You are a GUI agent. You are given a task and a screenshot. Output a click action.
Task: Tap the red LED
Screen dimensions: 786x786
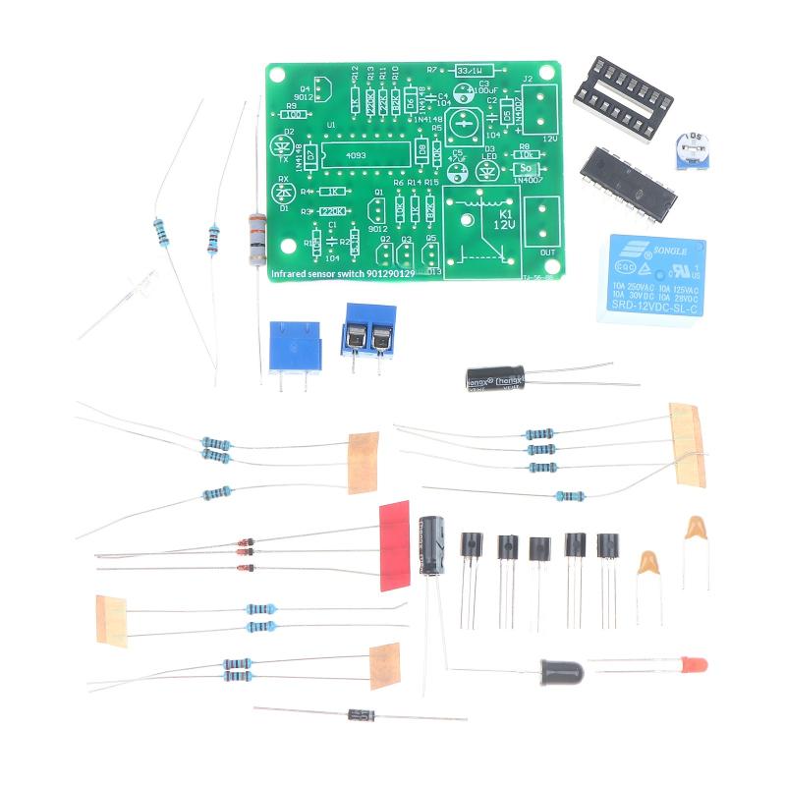click(696, 664)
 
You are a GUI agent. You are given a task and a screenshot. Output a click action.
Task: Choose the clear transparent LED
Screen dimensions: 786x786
click(146, 288)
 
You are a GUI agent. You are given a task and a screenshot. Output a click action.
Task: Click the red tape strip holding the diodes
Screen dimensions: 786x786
click(393, 546)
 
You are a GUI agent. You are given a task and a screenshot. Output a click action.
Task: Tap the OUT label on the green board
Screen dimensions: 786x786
click(537, 250)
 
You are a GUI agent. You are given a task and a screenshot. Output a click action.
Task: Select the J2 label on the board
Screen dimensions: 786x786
click(527, 80)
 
